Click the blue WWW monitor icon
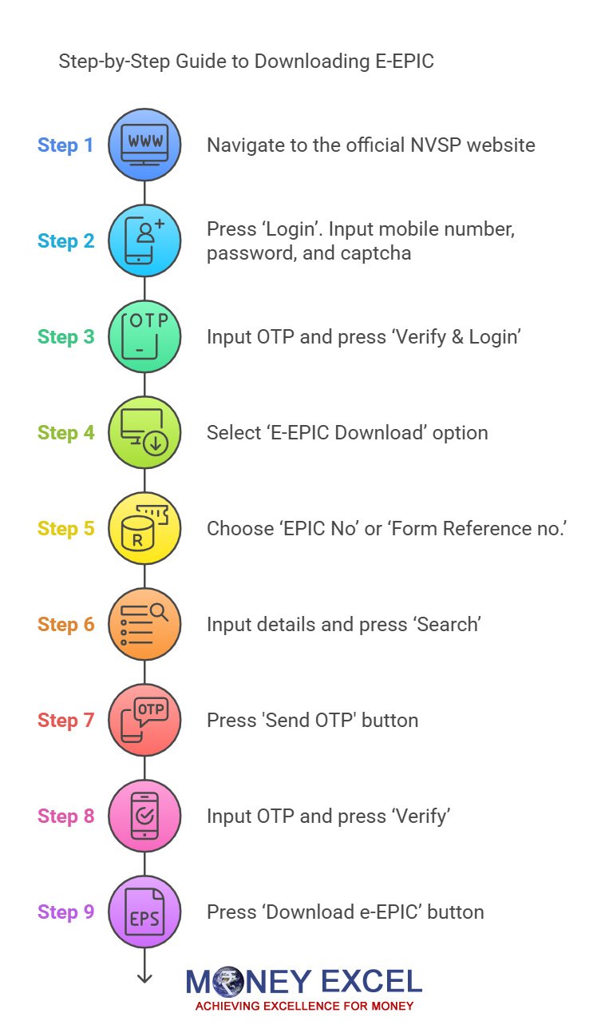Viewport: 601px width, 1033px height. point(144,145)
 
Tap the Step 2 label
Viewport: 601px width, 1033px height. point(65,241)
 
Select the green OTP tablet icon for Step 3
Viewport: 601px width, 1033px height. point(144,336)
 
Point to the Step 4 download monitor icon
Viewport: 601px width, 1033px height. point(144,432)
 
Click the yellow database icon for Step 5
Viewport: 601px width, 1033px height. point(144,528)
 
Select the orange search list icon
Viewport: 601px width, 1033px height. point(144,624)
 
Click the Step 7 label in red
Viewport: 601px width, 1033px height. point(65,721)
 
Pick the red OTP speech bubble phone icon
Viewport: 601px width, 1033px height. point(144,720)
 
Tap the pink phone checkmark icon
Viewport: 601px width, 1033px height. point(144,816)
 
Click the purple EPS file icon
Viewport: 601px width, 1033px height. point(144,912)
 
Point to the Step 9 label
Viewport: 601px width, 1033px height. point(65,912)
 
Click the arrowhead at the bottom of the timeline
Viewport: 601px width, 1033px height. point(144,977)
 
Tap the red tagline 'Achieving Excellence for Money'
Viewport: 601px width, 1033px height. point(304,1006)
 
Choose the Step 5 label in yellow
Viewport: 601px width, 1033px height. point(65,529)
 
